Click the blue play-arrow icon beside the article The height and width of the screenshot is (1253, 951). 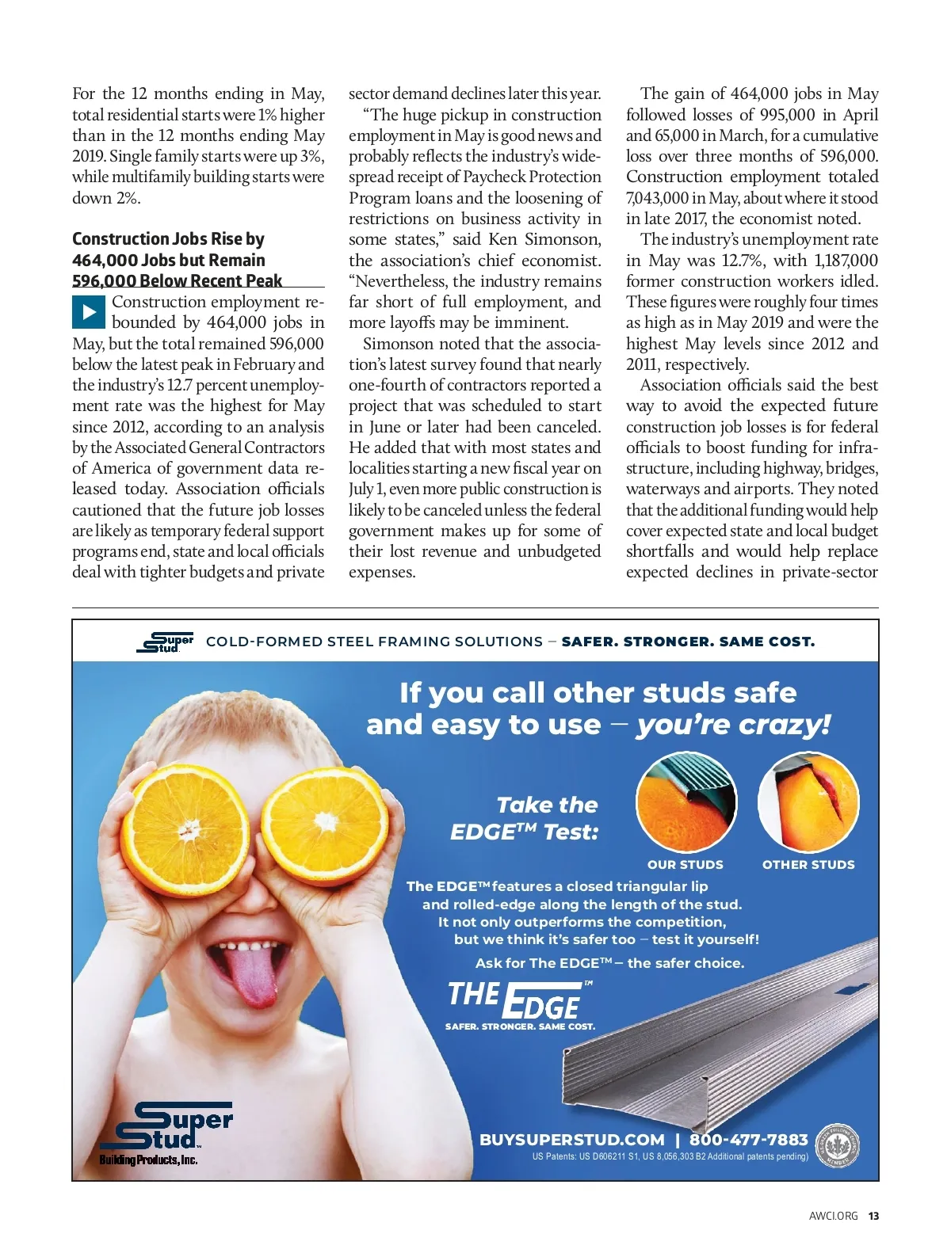89,312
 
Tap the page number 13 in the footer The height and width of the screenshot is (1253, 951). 873,1216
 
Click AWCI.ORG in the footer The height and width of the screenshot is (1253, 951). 833,1216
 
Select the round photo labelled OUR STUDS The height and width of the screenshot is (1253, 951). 686,802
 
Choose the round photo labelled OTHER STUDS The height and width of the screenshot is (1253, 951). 808,802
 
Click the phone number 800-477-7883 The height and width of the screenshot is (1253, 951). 748,1140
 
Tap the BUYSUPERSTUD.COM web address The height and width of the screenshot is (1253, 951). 571,1140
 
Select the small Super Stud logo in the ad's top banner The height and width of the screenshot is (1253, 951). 166,642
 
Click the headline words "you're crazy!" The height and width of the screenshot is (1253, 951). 733,725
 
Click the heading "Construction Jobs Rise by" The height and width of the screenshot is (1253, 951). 168,239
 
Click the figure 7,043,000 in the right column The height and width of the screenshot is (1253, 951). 657,198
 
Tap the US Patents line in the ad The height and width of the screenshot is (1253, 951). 670,1157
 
